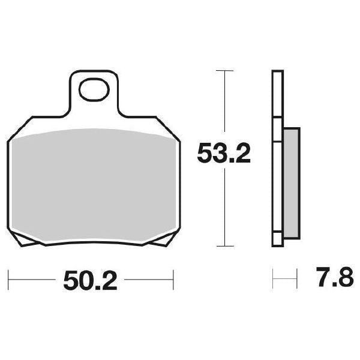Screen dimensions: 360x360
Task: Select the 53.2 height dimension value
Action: pos(224,155)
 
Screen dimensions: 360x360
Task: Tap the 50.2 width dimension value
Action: pos(89,280)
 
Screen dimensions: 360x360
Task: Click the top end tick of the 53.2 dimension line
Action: pos(224,71)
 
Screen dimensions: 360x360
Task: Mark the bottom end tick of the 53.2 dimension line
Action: pos(224,245)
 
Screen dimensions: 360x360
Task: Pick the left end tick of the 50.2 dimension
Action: pos(9,279)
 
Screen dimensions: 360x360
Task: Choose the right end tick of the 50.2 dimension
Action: pos(173,279)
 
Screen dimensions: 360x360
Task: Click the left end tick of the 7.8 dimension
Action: pos(273,279)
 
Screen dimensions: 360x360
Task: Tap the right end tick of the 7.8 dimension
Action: pos(297,279)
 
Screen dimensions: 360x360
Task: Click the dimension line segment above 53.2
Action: pos(224,105)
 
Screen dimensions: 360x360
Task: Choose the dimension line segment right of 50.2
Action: pos(150,279)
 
